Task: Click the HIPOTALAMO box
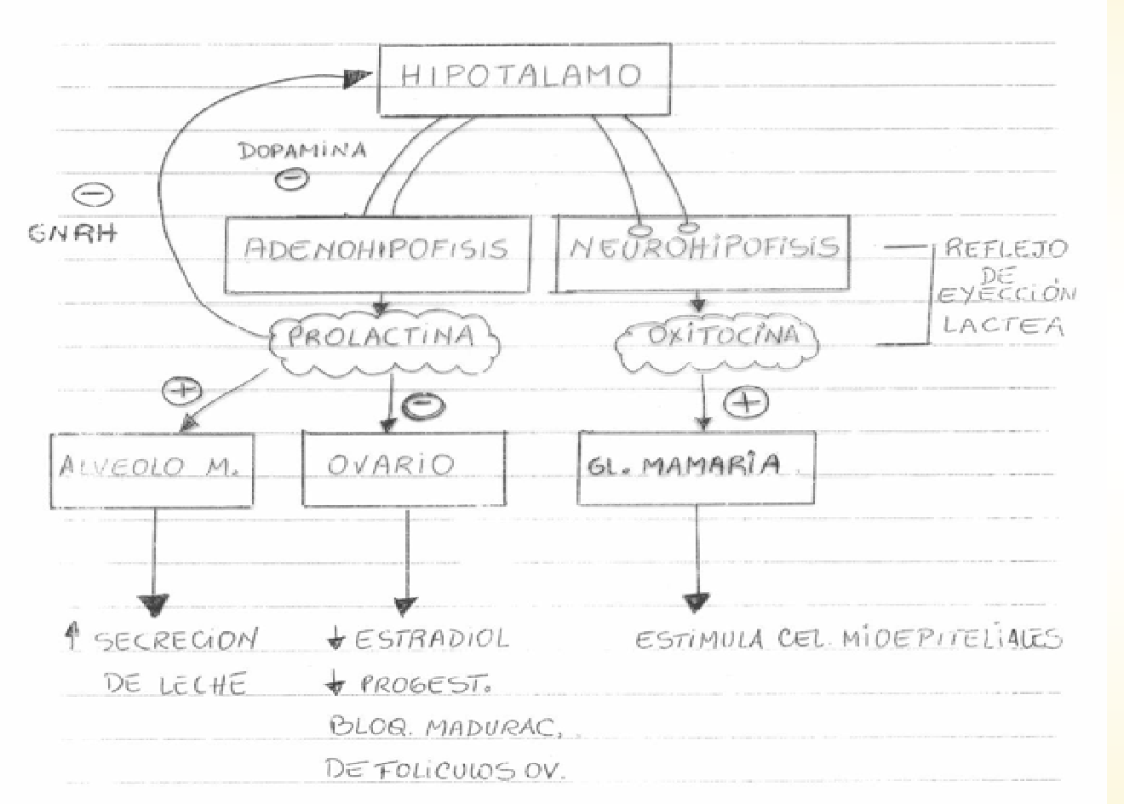pos(524,78)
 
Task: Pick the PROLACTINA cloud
pos(381,337)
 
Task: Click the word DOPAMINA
pos(303,151)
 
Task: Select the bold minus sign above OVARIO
pos(422,406)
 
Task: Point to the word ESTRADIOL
pos(430,639)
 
